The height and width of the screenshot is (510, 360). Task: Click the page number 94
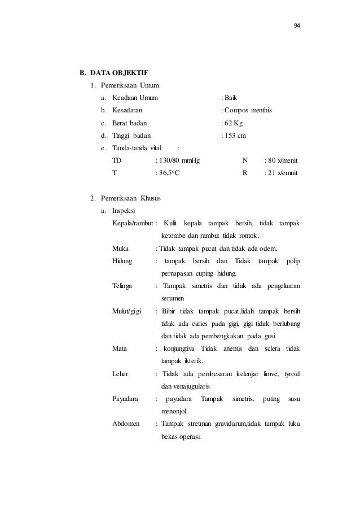pyautogui.click(x=297, y=27)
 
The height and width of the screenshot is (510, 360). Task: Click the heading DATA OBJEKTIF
pyautogui.click(x=118, y=73)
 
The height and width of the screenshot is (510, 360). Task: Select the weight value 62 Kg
pyautogui.click(x=234, y=123)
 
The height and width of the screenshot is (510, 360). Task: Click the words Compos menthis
pyautogui.click(x=248, y=110)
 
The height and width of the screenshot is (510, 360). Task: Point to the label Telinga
pyautogui.click(x=123, y=286)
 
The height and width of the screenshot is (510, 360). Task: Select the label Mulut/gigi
pyautogui.click(x=127, y=311)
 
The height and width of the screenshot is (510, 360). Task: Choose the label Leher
pyautogui.click(x=120, y=374)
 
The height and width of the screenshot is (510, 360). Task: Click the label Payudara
pyautogui.click(x=126, y=399)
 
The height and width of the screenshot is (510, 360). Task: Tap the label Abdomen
pyautogui.click(x=126, y=424)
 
